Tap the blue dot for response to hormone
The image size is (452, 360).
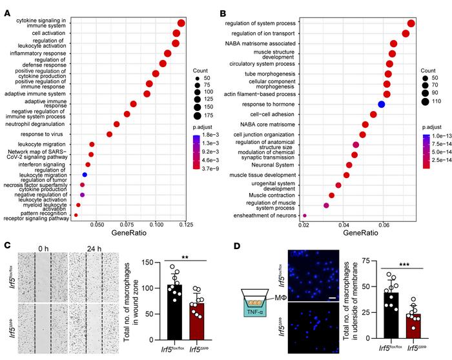pos(382,104)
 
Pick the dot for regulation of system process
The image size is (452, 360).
pos(411,24)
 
